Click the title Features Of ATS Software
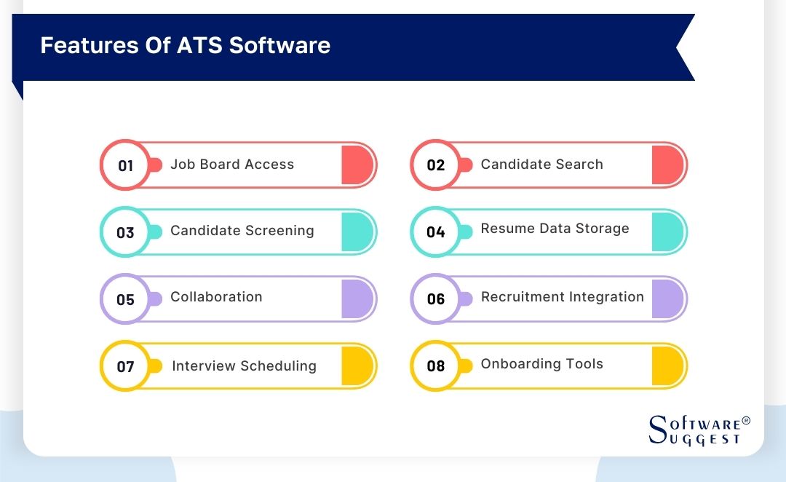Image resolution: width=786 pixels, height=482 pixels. (185, 45)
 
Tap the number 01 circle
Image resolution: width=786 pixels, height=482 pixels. (125, 165)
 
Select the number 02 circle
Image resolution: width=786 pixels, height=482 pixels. (435, 165)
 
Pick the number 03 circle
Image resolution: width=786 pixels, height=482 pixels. (125, 232)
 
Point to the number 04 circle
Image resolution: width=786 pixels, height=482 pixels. (435, 232)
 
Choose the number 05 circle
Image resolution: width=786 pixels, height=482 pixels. (125, 299)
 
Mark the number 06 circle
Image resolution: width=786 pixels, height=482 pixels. (435, 299)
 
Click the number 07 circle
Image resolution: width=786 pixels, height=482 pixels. (125, 366)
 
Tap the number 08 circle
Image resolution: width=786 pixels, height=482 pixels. (435, 366)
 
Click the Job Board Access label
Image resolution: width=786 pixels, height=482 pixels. (232, 165)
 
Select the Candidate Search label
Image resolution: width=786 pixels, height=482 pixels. (541, 165)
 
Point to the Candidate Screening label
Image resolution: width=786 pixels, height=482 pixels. (242, 231)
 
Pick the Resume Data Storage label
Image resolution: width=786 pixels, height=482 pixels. (555, 229)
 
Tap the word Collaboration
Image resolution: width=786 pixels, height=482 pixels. (216, 297)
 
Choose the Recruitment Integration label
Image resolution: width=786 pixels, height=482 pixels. (562, 297)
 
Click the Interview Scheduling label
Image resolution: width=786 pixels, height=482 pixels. (244, 366)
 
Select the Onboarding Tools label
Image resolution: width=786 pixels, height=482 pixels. (541, 364)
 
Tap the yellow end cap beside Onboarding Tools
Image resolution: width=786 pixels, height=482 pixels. (667, 366)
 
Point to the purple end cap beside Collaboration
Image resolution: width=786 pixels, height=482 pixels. (357, 299)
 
